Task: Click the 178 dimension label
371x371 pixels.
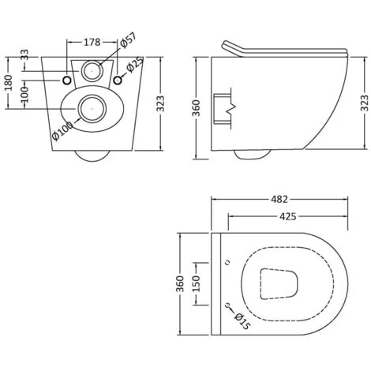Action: point(92,42)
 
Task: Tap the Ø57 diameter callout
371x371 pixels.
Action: point(128,40)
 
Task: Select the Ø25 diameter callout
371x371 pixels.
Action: point(135,64)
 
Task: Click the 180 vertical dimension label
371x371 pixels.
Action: point(9,82)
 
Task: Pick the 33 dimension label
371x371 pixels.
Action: point(24,55)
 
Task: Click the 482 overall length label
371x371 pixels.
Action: point(279,200)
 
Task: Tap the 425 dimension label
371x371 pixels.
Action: point(287,216)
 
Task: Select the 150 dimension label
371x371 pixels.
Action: point(197,283)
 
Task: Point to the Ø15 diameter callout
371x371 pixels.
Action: point(242,320)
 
